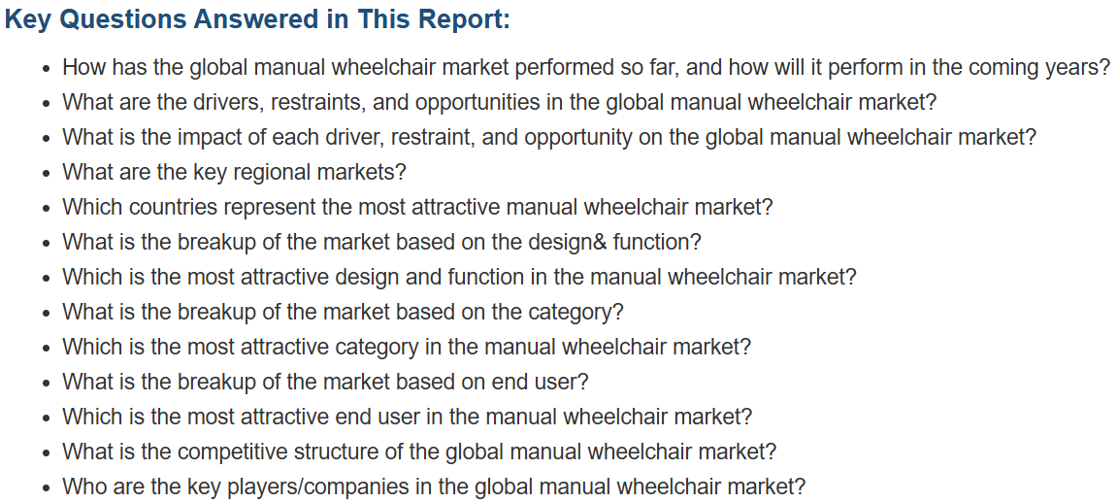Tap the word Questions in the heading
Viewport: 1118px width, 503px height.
click(122, 19)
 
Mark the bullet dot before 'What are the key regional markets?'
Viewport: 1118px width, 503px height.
click(47, 174)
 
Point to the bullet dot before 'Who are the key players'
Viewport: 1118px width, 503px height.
click(47, 488)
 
